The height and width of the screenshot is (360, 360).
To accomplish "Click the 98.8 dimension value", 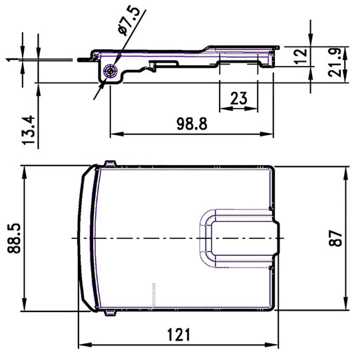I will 192,124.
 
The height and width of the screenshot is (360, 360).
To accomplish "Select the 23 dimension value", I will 239,98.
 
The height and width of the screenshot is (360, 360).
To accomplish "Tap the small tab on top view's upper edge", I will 110,164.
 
